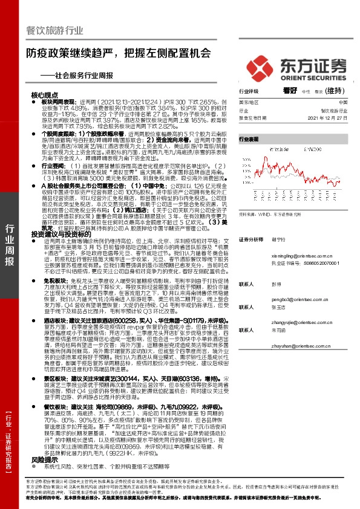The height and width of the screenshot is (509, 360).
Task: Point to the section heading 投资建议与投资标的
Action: point(57,233)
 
